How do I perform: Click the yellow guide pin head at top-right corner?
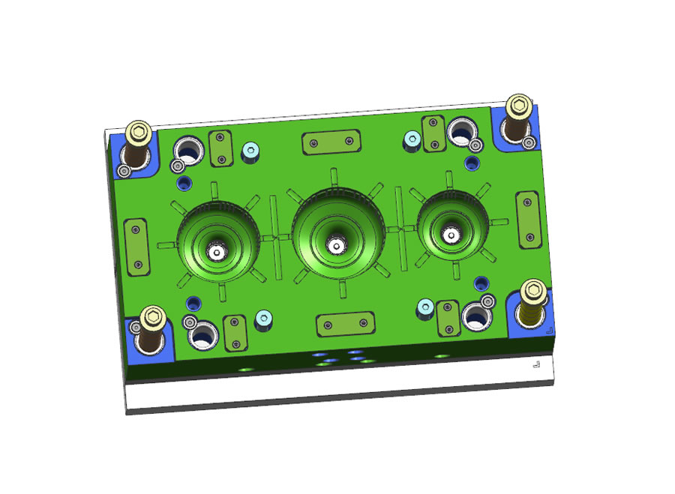point(518,105)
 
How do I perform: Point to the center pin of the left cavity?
point(217,253)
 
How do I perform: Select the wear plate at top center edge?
point(328,142)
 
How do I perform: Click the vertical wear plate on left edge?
point(136,247)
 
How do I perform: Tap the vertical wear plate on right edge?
point(528,219)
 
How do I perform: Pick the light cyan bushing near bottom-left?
point(262,320)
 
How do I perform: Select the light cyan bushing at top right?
point(412,139)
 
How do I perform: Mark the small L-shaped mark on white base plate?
point(535,364)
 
